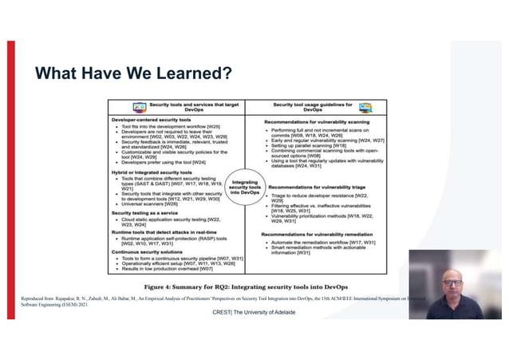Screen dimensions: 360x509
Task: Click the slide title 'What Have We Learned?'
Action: (134, 74)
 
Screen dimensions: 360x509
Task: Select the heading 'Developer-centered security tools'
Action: (149, 119)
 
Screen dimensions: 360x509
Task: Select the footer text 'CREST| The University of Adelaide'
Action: (254, 312)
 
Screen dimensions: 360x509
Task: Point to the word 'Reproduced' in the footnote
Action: (37, 298)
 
